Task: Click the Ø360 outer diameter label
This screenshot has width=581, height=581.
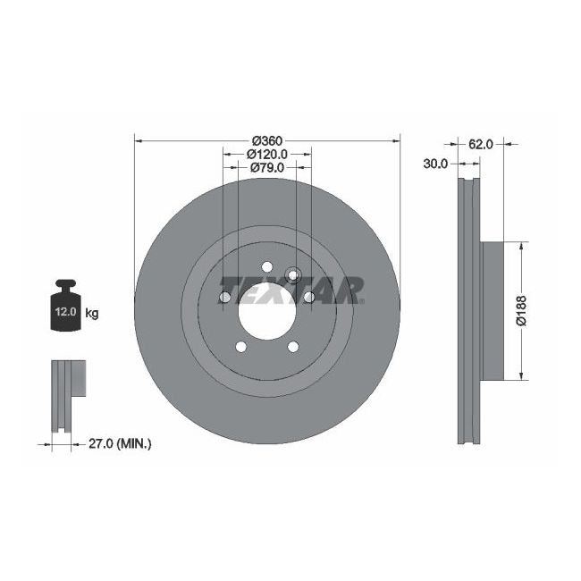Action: tap(266, 140)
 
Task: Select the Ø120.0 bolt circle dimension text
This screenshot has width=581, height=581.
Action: tap(266, 154)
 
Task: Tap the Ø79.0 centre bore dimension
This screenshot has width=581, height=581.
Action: tap(266, 167)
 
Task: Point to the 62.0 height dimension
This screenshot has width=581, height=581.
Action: tap(481, 143)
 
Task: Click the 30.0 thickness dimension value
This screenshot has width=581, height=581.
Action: tap(438, 164)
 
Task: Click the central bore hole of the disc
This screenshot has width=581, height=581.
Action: tap(265, 310)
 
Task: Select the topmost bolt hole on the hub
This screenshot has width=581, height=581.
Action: tap(266, 265)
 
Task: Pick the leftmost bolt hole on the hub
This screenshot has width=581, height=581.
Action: tap(223, 297)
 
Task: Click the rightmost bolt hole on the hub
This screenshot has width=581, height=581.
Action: tap(308, 297)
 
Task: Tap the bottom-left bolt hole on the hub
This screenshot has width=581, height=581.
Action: tap(240, 347)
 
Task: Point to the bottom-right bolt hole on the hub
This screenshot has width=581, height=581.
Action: tap(292, 347)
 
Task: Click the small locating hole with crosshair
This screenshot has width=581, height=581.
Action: tap(290, 274)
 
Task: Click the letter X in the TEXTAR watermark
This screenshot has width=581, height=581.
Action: tap(281, 289)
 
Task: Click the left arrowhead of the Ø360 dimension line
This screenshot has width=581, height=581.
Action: tap(138, 140)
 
